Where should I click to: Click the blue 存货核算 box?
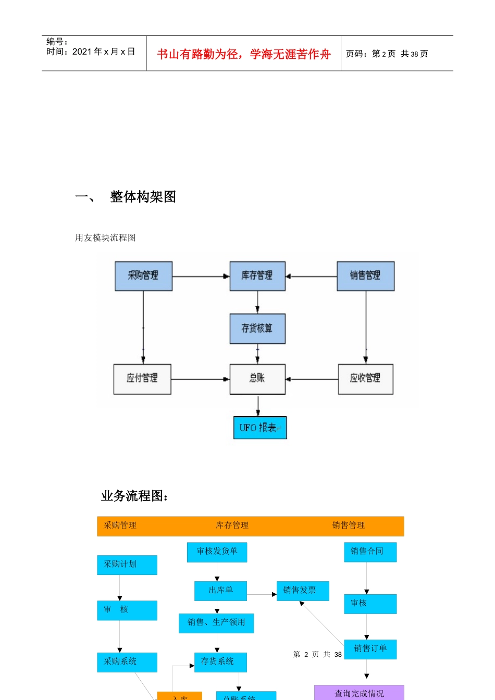[257, 329]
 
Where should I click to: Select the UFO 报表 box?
[259, 428]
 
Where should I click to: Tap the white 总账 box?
[257, 379]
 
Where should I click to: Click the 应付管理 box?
[142, 379]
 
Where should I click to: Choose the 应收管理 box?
[365, 379]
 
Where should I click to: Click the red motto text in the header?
[243, 54]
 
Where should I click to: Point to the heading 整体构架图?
[143, 197]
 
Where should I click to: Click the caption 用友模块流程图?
[105, 238]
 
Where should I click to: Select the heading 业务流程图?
[134, 496]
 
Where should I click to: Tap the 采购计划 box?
[127, 565]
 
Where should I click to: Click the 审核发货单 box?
[217, 552]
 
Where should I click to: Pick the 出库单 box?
[220, 591]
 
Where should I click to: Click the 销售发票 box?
[302, 591]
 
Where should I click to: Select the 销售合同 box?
[370, 552]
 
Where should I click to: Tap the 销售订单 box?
[370, 649]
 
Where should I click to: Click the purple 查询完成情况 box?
[359, 693]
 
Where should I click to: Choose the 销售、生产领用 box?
[216, 623]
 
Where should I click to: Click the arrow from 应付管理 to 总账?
[200, 379]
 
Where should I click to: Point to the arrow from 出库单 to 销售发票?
[262, 594]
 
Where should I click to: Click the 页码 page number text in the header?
[387, 54]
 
